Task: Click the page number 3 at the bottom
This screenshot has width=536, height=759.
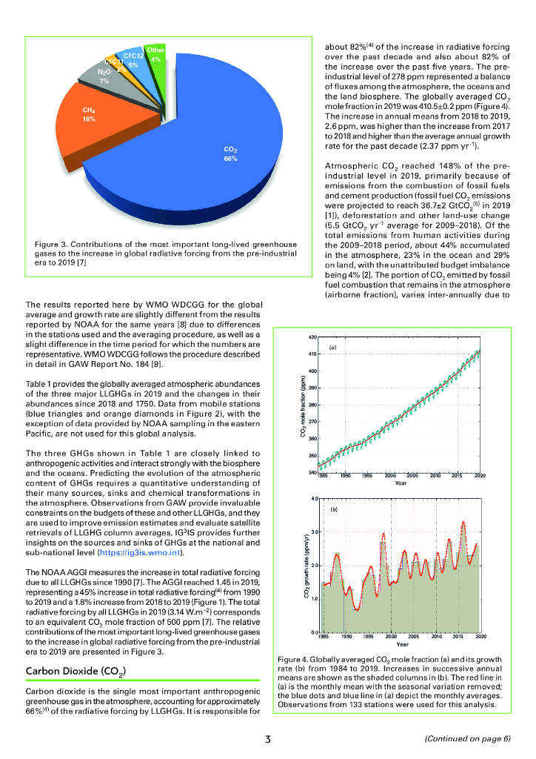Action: [x=268, y=739]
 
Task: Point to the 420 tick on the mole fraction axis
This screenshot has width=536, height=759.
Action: [x=313, y=337]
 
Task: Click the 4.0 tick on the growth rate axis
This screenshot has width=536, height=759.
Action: [x=314, y=498]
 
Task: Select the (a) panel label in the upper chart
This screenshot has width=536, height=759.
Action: [x=332, y=347]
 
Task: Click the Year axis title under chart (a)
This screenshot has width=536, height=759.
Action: [x=401, y=483]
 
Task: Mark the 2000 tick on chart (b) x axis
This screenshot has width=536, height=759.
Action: [x=390, y=637]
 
